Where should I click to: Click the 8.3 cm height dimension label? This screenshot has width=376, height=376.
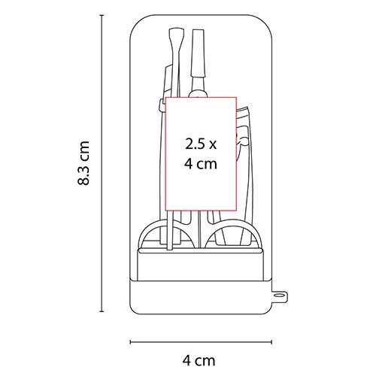83,163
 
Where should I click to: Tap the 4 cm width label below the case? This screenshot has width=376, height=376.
199,361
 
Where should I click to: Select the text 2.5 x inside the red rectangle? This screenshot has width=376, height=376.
201,144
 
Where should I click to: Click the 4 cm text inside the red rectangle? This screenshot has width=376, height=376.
201,164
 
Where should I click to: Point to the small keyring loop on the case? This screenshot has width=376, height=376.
279,296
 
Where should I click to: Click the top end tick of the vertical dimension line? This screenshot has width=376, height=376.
102,16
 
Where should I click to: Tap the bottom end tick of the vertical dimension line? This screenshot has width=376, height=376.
102,311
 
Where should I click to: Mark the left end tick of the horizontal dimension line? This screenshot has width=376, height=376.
130,342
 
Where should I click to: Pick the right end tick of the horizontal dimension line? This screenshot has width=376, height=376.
271,342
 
